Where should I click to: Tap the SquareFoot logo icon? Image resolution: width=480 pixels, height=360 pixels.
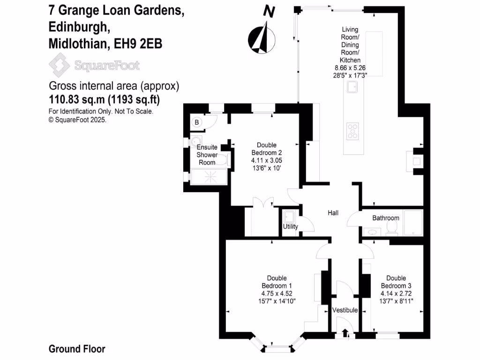tap(59, 65)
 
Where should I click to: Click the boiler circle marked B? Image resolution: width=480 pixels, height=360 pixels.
tap(197, 123)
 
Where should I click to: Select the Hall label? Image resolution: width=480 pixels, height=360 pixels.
tap(333, 213)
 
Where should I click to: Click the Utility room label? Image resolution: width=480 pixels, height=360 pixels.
tap(291, 227)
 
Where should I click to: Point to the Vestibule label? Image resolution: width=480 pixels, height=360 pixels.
tap(345, 310)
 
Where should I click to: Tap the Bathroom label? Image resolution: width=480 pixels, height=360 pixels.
tap(386, 218)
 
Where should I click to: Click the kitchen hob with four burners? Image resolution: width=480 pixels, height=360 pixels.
tap(352, 131)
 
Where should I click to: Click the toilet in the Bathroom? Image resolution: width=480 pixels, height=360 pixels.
tap(392, 228)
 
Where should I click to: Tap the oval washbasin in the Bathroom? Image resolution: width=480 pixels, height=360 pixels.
tap(374, 232)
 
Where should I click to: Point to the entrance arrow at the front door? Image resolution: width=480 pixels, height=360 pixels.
tap(345, 333)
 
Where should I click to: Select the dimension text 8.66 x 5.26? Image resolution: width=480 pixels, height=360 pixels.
tap(350, 67)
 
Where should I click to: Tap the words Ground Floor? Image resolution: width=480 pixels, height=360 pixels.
tap(77, 349)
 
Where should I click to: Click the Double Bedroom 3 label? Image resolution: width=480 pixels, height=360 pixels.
tap(393, 282)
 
